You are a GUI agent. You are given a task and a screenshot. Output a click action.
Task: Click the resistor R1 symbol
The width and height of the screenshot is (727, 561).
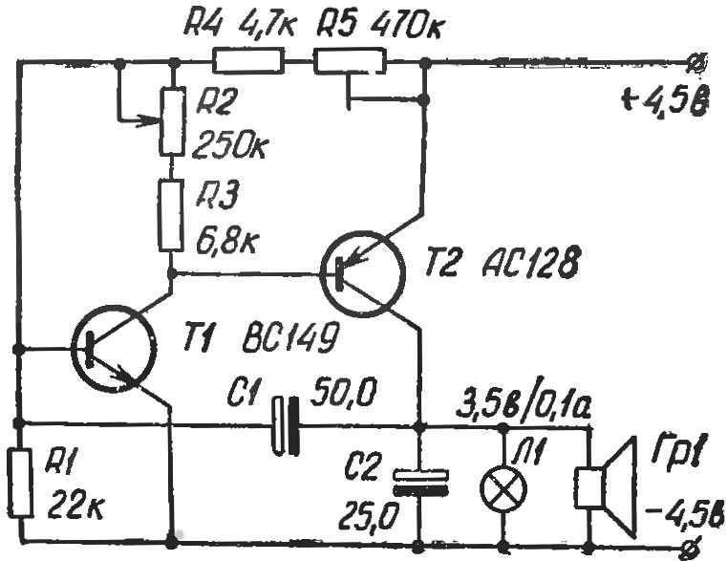[x=21, y=482]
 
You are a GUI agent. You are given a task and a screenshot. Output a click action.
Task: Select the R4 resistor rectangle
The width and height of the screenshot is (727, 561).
[x=248, y=61]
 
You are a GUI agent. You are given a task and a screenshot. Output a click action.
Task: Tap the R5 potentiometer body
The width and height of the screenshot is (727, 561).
[x=350, y=62]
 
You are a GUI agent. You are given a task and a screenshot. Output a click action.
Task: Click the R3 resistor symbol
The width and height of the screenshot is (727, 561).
[x=171, y=216]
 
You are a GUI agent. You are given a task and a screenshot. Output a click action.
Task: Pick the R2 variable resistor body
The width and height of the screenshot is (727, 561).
[x=172, y=120]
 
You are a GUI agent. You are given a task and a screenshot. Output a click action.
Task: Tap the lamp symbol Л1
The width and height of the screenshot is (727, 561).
[x=503, y=489]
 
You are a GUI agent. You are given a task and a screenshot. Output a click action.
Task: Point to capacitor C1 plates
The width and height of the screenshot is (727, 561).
[x=285, y=424]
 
